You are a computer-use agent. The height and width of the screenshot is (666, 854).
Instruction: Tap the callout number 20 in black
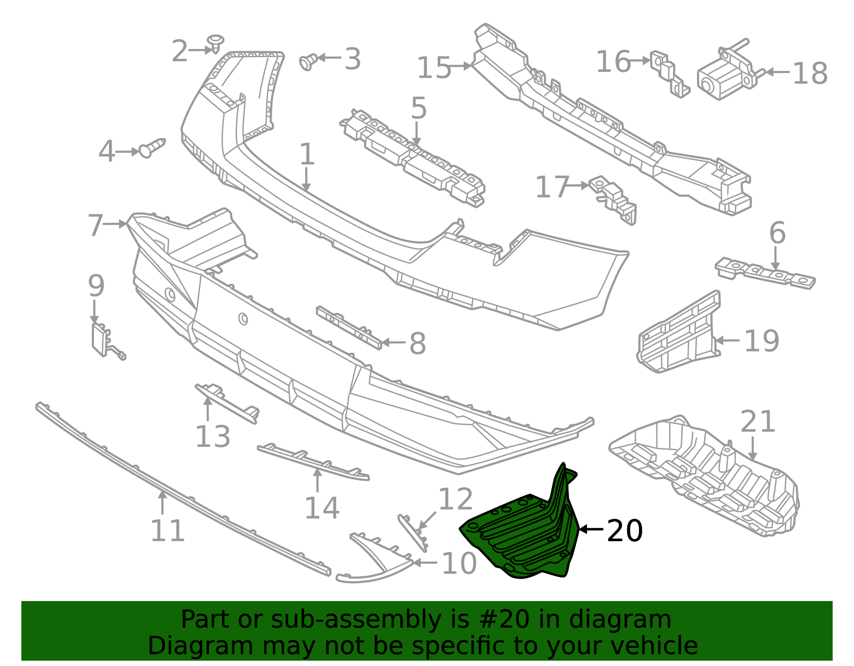pyautogui.click(x=624, y=531)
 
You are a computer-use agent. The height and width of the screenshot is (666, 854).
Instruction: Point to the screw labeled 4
pyautogui.click(x=152, y=148)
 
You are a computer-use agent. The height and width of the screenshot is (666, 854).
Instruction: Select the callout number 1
pyautogui.click(x=307, y=155)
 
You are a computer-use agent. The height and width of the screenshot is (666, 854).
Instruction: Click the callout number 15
pyautogui.click(x=433, y=68)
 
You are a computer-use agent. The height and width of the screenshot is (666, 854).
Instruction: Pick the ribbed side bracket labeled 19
pyautogui.click(x=678, y=333)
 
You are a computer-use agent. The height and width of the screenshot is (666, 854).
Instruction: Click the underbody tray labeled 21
pyautogui.click(x=705, y=475)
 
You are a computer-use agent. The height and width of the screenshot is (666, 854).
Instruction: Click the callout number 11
pyautogui.click(x=167, y=531)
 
